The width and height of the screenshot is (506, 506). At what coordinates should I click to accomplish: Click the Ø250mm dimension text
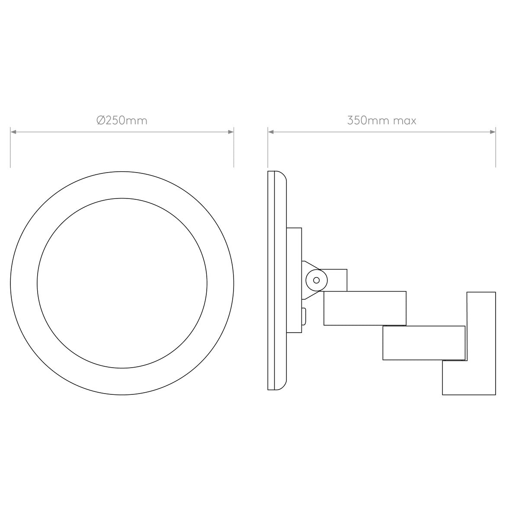122,120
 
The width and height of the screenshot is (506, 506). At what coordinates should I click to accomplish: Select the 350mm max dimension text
381,120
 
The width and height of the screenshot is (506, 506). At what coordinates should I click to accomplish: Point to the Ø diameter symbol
100,120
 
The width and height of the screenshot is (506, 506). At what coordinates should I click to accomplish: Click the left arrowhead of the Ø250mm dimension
13,132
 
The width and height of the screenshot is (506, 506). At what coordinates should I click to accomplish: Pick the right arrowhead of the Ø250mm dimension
231,132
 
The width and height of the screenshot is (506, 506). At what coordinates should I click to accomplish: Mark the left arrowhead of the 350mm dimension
270,132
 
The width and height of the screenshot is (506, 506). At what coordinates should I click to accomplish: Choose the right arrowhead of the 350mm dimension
493,132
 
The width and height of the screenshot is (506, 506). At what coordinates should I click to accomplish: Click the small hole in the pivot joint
316,280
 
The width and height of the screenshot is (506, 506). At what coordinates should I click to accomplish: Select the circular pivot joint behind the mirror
316,280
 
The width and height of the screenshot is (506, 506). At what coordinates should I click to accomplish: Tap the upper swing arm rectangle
365,308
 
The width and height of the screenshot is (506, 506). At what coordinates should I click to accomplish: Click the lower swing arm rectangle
424,343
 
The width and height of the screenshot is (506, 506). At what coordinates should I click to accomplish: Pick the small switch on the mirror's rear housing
304,315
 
